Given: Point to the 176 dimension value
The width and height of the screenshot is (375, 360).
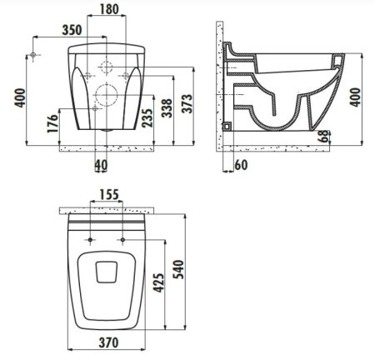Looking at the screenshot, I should pyautogui.click(x=53, y=125).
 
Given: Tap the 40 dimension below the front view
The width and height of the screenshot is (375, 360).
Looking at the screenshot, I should pyautogui.click(x=101, y=165).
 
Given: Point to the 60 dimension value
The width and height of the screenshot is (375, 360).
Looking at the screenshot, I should pyautogui.click(x=241, y=165).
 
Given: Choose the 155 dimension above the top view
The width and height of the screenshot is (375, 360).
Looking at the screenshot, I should pyautogui.click(x=107, y=195).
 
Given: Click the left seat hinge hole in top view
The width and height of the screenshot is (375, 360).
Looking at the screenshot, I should pyautogui.click(x=87, y=241).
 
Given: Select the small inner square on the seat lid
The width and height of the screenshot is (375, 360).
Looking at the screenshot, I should pyautogui.click(x=105, y=272).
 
